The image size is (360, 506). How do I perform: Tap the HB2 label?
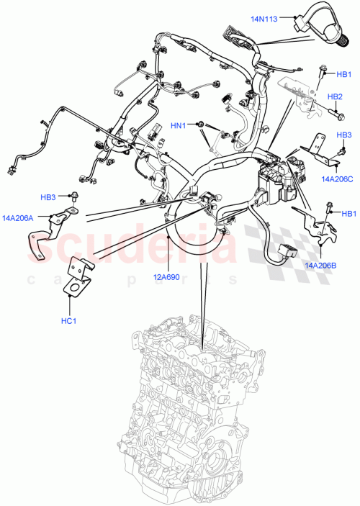(x=336, y=96)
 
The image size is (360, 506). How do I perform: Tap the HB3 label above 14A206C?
(x=344, y=135)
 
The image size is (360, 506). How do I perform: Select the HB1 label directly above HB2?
(x=344, y=73)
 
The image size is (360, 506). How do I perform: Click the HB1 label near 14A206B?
(x=348, y=213)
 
